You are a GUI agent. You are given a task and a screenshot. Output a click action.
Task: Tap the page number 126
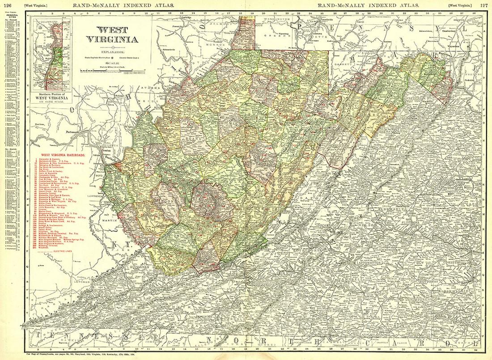tap(7, 5)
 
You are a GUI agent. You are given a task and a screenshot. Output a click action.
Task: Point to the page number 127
tap(484, 5)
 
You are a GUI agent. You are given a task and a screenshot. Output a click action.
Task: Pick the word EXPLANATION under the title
tap(113, 52)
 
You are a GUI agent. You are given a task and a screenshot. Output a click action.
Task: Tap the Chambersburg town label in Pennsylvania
tap(449, 32)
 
